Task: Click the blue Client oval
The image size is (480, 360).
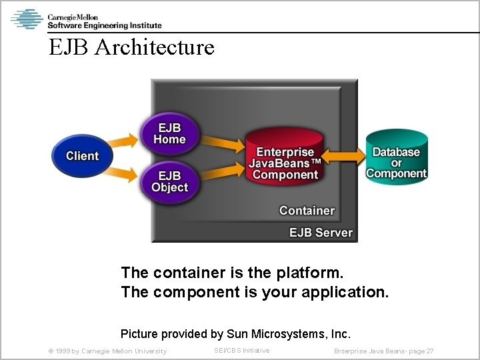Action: tap(82, 156)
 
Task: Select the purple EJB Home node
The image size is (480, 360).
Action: tap(169, 133)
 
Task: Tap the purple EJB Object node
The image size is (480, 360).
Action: tap(169, 181)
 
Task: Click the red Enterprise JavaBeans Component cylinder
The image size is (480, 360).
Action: tap(285, 163)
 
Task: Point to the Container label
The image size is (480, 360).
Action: tap(307, 211)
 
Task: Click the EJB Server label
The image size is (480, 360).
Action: tap(321, 233)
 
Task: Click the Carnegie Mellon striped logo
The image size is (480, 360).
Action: tap(27, 19)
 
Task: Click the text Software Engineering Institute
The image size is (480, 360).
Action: tap(104, 25)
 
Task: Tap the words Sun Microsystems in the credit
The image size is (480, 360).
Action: tap(285, 333)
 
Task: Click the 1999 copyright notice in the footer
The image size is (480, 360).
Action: tap(107, 351)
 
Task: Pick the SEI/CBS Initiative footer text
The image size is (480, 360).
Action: tap(242, 351)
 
